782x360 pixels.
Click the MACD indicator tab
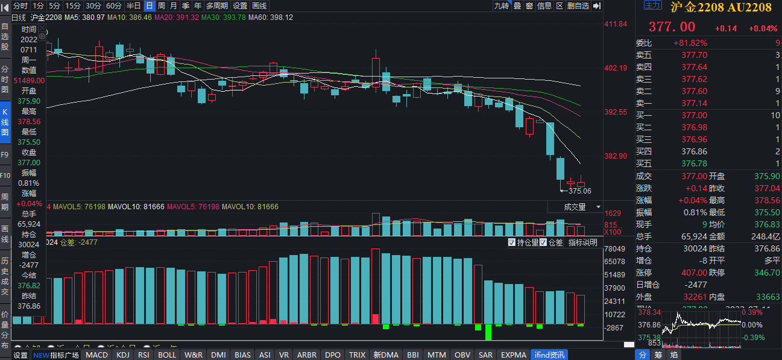(96, 355)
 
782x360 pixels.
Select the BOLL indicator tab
(167, 355)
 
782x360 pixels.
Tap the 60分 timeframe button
(114, 5)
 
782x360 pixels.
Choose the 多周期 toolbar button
(217, 5)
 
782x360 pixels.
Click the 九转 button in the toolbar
(501, 5)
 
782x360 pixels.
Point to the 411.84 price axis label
(616, 24)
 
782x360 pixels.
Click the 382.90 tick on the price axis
(616, 156)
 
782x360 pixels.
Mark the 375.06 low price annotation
(579, 191)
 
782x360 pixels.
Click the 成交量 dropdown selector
(575, 207)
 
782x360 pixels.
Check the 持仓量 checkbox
(512, 242)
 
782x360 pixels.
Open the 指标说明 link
(583, 242)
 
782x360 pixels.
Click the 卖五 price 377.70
(694, 55)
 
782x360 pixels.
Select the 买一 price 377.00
(694, 115)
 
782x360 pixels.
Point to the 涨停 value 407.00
(694, 273)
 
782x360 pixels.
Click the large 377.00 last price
(672, 27)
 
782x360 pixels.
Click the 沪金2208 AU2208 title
(721, 7)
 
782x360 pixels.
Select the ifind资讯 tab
(548, 355)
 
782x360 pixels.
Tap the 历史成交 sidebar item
(5, 276)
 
